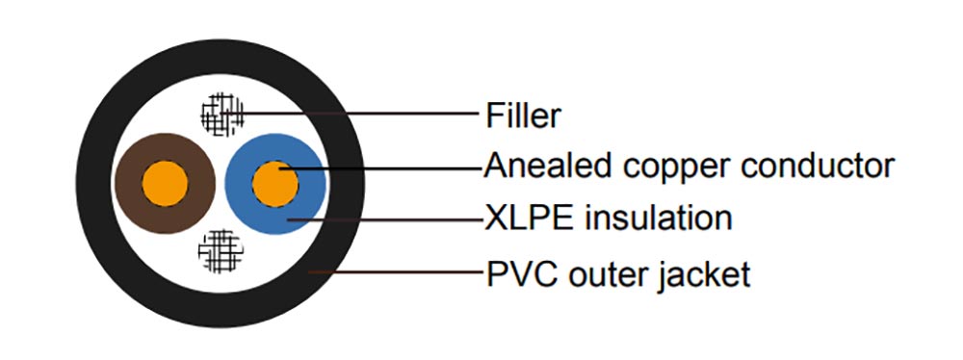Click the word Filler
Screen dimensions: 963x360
[x=523, y=116]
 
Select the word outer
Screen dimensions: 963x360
[x=605, y=275]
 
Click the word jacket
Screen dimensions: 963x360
[x=703, y=276]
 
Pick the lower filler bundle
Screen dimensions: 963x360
[x=220, y=250]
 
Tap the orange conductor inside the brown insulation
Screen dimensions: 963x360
[x=164, y=183]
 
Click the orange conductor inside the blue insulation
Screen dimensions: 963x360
[x=274, y=183]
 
